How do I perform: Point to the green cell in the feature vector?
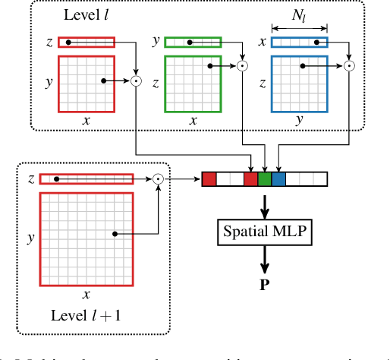point(265,179)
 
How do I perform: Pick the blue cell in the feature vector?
point(279,179)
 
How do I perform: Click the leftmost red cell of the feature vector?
point(209,179)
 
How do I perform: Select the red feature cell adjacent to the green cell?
point(251,179)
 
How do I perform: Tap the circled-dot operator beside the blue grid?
point(349,67)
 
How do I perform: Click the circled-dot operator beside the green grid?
point(242,67)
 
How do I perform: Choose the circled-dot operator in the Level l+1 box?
point(158,178)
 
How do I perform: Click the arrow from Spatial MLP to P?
point(265,261)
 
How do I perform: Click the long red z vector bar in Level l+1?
point(86,179)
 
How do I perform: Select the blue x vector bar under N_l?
point(299,43)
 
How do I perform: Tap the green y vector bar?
point(193,43)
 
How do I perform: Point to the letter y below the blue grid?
point(299,119)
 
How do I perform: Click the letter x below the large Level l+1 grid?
point(86,293)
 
